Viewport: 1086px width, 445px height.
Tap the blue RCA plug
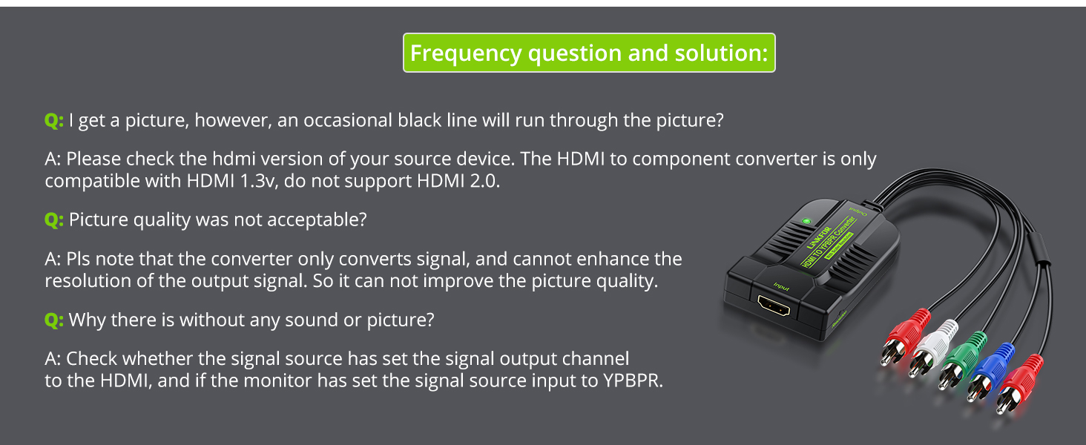pos(991,372)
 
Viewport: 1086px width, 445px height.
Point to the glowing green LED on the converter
pos(806,222)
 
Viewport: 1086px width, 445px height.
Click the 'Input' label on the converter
pos(781,286)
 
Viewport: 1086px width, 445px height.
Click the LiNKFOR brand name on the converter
pos(819,237)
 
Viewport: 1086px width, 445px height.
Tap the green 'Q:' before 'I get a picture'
pos(54,120)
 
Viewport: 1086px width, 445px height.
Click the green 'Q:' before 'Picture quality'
pos(54,220)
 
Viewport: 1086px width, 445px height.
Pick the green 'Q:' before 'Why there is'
pos(54,320)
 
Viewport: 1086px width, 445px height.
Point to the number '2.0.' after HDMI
pos(485,181)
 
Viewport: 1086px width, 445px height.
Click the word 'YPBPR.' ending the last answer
pos(633,380)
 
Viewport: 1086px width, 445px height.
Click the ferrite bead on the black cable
pos(1039,248)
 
